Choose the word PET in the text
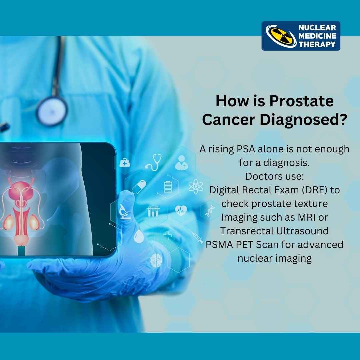tap(243, 244)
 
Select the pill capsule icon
tap(139, 187)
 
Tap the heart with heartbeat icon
tap(181, 210)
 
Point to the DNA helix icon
tap(210, 211)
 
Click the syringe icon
tap(196, 236)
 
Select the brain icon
tap(156, 260)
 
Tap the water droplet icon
tap(139, 237)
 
